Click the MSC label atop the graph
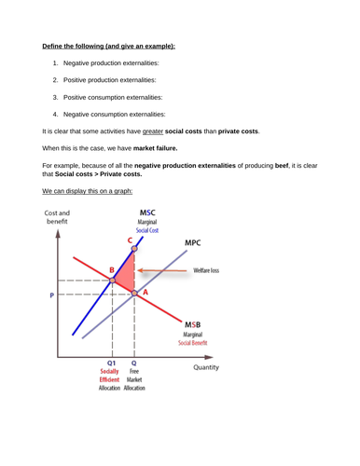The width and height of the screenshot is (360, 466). coord(147,214)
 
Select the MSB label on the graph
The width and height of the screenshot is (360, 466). coord(190,322)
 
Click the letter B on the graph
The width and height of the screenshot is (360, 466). coord(111,269)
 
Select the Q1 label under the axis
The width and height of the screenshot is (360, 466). coord(111,363)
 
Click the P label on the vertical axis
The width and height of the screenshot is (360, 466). coord(52,295)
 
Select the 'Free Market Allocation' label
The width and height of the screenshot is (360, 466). coord(135,375)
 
